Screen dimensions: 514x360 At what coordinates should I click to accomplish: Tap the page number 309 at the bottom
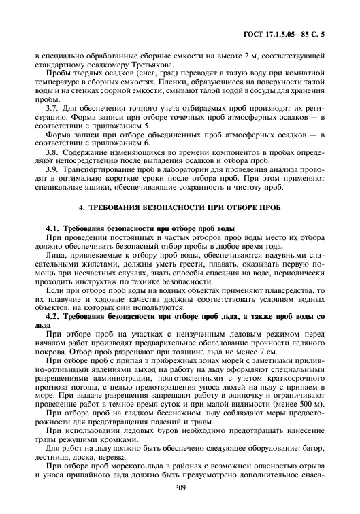(x=180, y=487)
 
